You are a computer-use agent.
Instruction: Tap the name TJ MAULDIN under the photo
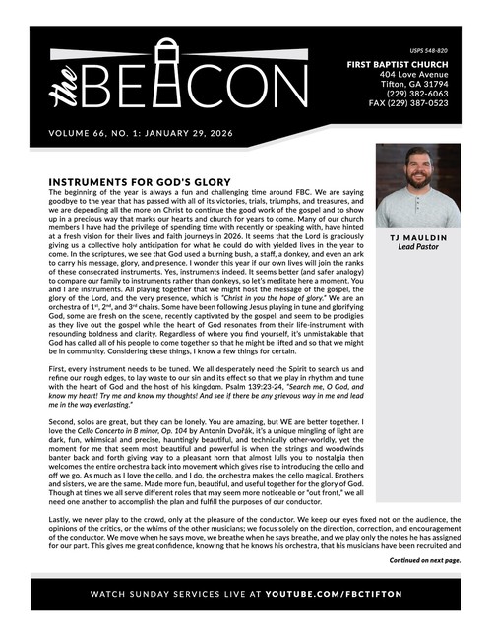point(417,239)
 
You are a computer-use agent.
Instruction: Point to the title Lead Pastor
point(417,249)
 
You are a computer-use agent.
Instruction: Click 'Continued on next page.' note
point(424,560)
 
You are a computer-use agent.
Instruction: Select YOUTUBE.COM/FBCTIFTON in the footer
point(344,596)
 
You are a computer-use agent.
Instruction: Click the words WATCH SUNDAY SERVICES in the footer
point(156,596)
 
